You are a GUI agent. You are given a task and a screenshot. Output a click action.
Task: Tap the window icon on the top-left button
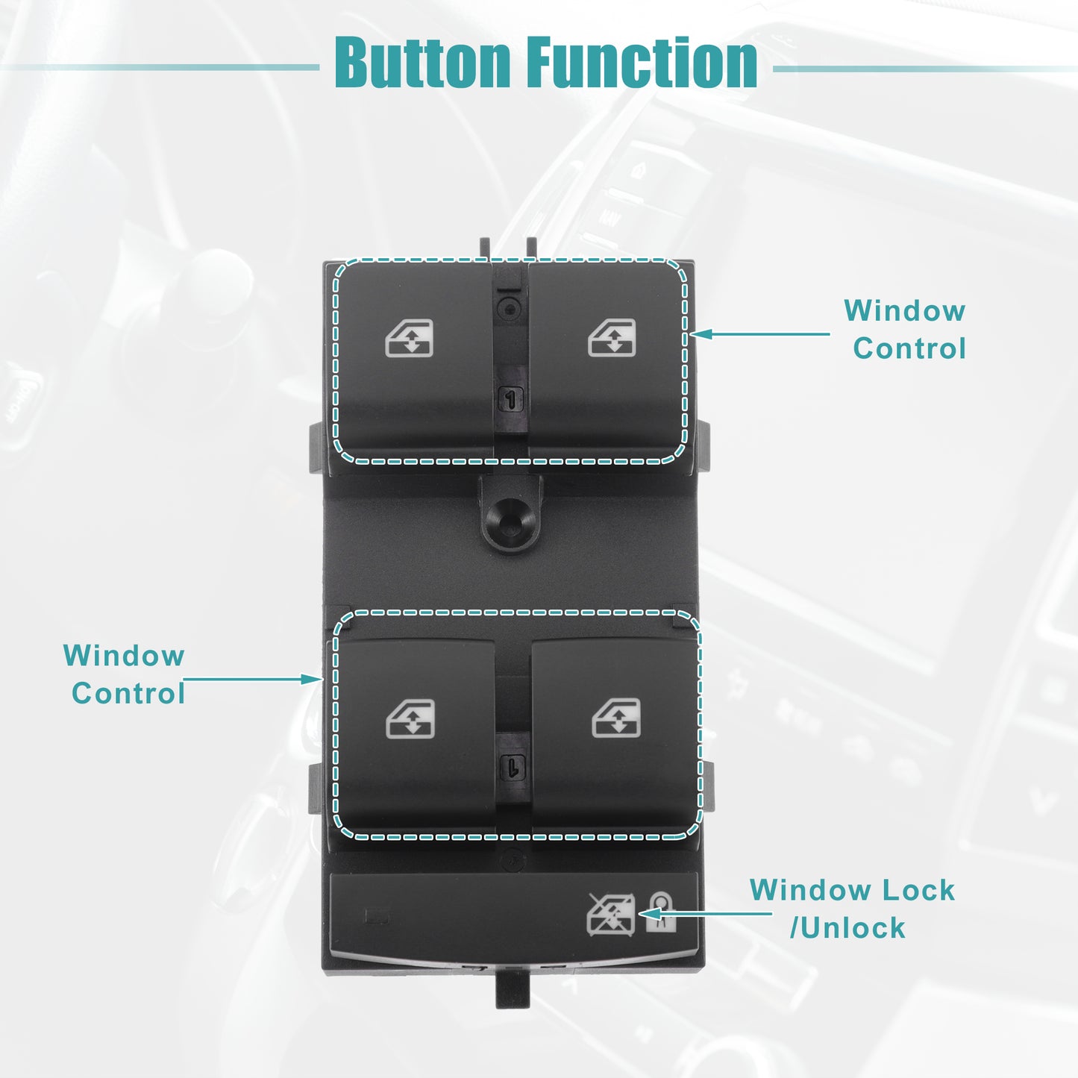tap(410, 338)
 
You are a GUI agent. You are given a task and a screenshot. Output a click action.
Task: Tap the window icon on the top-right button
tap(612, 337)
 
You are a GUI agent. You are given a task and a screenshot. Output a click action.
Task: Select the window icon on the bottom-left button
tap(410, 719)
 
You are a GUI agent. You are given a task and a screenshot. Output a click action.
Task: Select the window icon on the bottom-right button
tap(616, 718)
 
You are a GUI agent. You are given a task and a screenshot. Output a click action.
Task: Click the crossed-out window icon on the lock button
tap(610, 915)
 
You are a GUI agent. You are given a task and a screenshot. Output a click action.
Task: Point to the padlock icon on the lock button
tap(661, 912)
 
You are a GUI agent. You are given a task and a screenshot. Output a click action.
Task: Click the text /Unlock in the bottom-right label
tap(847, 928)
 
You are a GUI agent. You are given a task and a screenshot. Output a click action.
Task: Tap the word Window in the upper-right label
tap(905, 310)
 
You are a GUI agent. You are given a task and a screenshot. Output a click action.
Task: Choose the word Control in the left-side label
tap(128, 694)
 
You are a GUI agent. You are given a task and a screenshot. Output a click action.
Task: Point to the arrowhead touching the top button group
tap(701, 334)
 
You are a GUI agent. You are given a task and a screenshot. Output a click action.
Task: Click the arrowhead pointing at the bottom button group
tap(311, 679)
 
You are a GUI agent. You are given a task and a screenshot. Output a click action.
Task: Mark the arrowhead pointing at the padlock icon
tap(650, 914)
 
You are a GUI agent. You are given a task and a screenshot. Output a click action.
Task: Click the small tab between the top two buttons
tap(510, 399)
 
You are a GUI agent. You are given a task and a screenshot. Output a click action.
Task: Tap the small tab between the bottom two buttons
tap(513, 766)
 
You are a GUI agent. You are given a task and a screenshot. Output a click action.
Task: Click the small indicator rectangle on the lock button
tap(377, 917)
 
